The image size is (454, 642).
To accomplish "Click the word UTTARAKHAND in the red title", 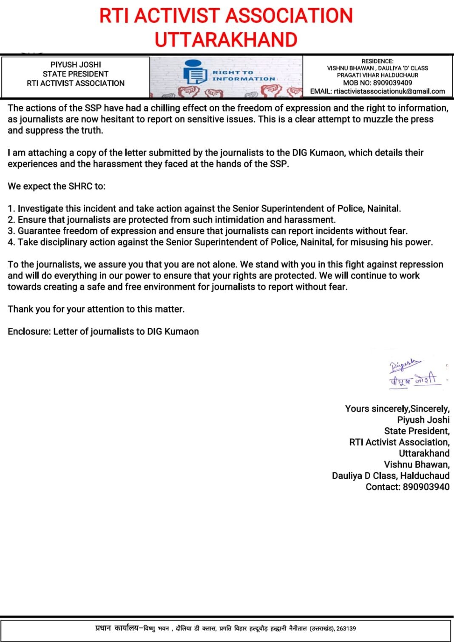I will click(226, 40).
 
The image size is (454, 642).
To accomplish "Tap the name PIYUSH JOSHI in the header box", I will click(76, 65).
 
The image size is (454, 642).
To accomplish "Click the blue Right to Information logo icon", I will click(195, 72).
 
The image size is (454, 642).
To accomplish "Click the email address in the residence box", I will click(389, 91).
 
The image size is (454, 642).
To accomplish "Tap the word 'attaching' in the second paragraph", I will click(47, 153).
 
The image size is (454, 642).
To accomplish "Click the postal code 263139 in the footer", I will click(346, 628).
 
